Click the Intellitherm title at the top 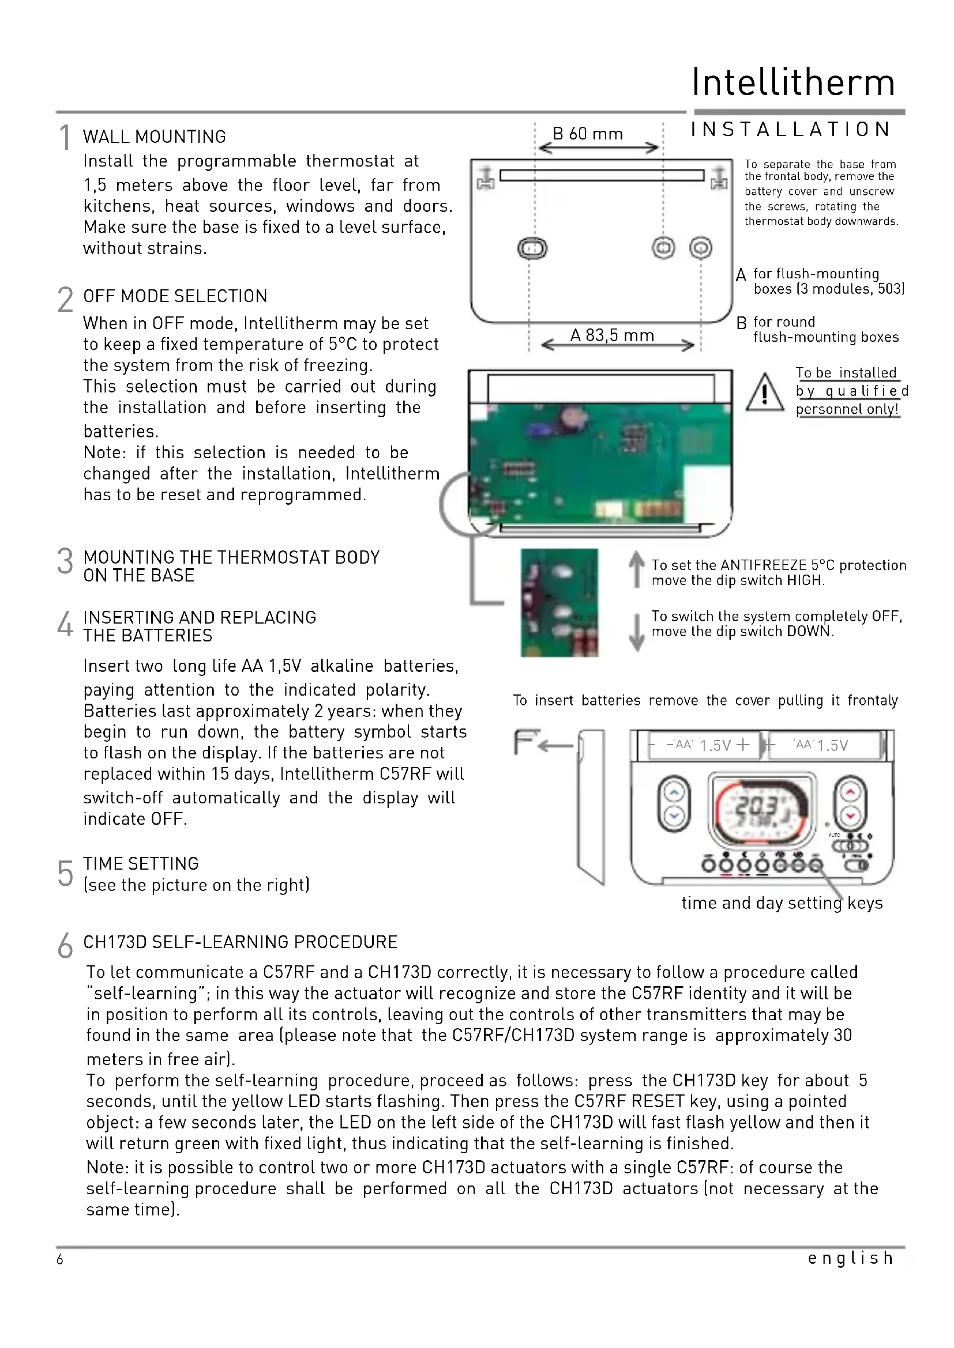(x=793, y=82)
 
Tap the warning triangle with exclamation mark (x=764, y=394)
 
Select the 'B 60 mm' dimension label (x=587, y=134)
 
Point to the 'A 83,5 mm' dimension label (x=611, y=335)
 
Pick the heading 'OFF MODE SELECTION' (x=175, y=296)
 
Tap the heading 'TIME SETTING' (x=141, y=864)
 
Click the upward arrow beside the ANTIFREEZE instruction (x=636, y=568)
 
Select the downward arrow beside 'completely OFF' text (x=636, y=632)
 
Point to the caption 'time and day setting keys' (x=782, y=903)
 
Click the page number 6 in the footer (x=60, y=1259)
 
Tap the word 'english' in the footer (x=850, y=1258)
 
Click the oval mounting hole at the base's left (x=532, y=248)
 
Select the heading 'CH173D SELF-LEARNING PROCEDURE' (x=241, y=942)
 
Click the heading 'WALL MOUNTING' (x=155, y=137)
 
